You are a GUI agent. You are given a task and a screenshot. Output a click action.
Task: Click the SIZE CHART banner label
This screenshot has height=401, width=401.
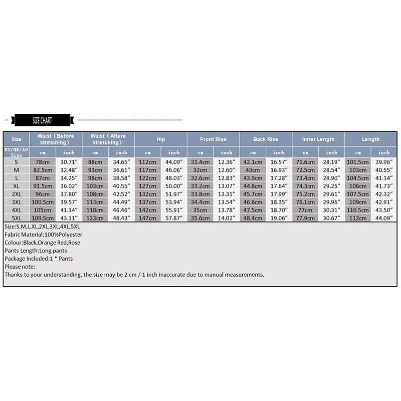pyautogui.click(x=42, y=120)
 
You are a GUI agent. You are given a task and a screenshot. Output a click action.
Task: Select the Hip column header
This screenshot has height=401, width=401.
pyautogui.click(x=160, y=139)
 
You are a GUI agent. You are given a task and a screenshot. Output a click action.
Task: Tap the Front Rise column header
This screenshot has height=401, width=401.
pyautogui.click(x=213, y=139)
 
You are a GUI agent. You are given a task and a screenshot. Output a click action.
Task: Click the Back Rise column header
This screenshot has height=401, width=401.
pyautogui.click(x=266, y=139)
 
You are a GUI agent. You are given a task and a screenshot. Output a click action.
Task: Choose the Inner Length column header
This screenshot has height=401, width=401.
pyautogui.click(x=318, y=139)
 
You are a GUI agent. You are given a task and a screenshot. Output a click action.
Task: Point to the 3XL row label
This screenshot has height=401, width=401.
pyautogui.click(x=17, y=202)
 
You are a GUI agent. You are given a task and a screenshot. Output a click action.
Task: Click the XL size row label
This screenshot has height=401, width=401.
pyautogui.click(x=17, y=185)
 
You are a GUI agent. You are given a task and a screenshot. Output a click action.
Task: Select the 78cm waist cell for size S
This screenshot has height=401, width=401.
pyautogui.click(x=43, y=162)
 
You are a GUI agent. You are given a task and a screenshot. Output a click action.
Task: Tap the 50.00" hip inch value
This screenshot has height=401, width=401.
pyautogui.click(x=174, y=185)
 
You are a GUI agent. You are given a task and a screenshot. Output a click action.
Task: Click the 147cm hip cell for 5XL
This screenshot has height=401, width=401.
pyautogui.click(x=148, y=218)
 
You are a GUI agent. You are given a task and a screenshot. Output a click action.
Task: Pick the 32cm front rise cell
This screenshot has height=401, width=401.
pyautogui.click(x=200, y=170)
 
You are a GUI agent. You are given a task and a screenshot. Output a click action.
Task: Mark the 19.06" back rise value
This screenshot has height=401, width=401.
pyautogui.click(x=279, y=218)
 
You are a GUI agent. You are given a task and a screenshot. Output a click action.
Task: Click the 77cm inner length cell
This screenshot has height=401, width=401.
pyautogui.click(x=306, y=210)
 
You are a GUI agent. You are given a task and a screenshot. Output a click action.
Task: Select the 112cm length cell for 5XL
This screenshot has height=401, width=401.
pyautogui.click(x=358, y=218)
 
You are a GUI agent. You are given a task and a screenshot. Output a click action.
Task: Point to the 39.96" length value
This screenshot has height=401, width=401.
pyautogui.click(x=384, y=162)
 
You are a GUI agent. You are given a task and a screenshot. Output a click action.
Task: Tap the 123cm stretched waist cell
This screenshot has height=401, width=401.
pyautogui.click(x=95, y=218)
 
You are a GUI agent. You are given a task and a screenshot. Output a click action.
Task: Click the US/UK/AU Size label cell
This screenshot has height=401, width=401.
pyautogui.click(x=17, y=152)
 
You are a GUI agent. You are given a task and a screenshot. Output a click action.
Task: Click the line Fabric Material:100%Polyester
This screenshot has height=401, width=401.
pyautogui.click(x=43, y=235)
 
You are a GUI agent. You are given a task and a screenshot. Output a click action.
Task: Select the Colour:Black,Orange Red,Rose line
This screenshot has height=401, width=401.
pyautogui.click(x=43, y=243)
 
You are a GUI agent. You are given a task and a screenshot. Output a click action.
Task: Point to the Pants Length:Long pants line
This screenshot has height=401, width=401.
pyautogui.click(x=36, y=251)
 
